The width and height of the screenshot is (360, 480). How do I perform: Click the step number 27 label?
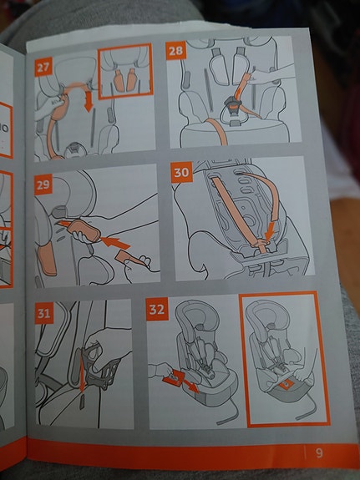click(x=43, y=67)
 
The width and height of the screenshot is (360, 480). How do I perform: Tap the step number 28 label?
click(x=175, y=51)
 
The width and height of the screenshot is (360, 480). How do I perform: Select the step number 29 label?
click(x=43, y=184)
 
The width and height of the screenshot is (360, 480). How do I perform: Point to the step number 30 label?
click(x=181, y=172)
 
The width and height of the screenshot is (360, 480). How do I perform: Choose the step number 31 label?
click(x=43, y=313)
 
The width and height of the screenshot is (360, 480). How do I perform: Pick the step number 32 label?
click(x=157, y=309)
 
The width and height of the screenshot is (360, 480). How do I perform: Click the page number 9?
click(x=319, y=452)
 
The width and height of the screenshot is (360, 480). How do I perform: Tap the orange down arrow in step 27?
click(x=89, y=101)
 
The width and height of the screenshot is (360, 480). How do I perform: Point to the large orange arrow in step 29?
click(x=115, y=243)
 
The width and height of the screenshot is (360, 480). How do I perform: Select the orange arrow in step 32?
click(x=191, y=387)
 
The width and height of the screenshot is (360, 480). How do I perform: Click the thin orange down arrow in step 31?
click(x=82, y=372)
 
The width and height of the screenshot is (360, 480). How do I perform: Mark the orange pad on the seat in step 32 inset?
click(x=285, y=384)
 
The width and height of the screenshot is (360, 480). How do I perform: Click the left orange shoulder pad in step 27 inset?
click(x=119, y=81)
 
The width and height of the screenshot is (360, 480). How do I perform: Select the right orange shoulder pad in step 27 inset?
click(x=131, y=79)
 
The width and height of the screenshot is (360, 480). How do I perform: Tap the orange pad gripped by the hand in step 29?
click(x=84, y=230)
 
